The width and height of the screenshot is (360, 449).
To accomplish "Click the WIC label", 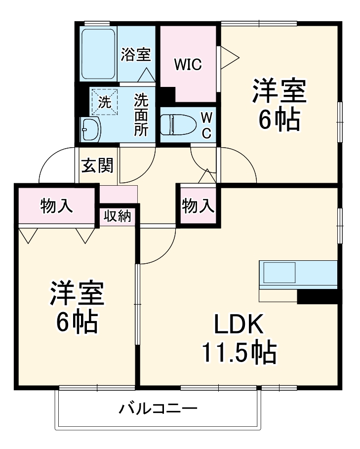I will point(187,64).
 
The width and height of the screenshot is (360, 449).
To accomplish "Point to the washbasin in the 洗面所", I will point(91,129).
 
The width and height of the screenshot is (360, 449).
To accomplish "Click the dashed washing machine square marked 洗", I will point(105,102).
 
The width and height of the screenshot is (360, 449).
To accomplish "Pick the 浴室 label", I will point(136,54).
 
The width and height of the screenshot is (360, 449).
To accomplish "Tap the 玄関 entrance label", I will point(97,165).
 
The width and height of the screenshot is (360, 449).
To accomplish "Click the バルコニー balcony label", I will point(158,409).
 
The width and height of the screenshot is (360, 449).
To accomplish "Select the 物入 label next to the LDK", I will point(198,205).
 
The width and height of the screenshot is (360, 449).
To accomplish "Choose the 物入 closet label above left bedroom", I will point(56,206).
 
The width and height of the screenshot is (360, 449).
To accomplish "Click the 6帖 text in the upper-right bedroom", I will point(280,120).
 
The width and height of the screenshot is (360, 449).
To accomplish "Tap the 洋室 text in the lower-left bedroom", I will point(76,295).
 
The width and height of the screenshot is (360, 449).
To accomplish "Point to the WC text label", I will point(207,125).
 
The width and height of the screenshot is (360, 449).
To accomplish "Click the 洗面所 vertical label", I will point(142,115).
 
